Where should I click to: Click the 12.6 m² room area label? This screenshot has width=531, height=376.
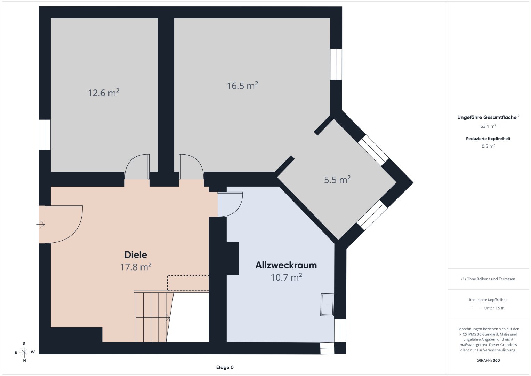(103, 93)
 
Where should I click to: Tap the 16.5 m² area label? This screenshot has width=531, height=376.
(242, 85)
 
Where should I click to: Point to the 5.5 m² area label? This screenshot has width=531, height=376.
(337, 179)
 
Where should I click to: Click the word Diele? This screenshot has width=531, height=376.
(136, 255)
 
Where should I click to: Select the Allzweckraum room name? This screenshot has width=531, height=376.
(286, 265)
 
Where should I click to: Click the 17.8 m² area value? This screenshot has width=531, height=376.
(136, 267)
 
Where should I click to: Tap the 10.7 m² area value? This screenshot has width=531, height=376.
(286, 277)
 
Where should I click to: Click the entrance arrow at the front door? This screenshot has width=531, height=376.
(40, 224)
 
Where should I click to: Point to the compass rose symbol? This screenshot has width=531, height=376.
(24, 352)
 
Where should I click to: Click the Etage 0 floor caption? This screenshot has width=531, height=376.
(225, 367)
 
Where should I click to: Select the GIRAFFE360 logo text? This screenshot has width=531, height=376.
(488, 360)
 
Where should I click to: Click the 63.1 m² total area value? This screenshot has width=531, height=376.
(488, 126)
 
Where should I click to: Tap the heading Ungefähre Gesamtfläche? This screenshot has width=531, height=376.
(487, 117)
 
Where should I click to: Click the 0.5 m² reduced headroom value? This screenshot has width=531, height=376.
(488, 146)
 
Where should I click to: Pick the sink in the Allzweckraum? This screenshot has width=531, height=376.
(327, 305)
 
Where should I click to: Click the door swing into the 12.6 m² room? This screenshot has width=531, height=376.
(137, 166)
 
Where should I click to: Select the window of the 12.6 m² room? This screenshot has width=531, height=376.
(45, 135)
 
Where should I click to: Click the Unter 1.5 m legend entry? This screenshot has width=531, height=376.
(494, 308)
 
